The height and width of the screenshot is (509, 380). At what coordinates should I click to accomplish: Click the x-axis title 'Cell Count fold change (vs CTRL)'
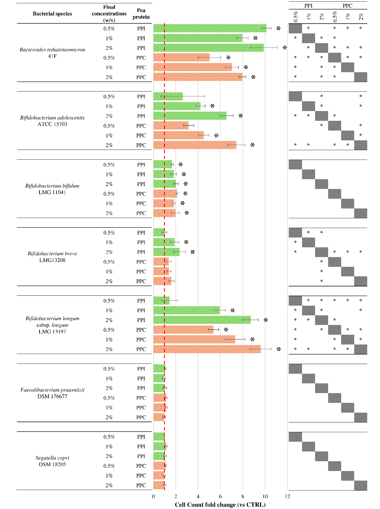click(x=220, y=504)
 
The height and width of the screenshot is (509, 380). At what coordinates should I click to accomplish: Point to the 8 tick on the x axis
click(x=243, y=497)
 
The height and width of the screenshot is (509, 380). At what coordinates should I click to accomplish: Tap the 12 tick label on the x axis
click(x=287, y=497)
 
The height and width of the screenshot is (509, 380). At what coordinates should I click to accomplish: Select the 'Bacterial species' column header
click(x=52, y=14)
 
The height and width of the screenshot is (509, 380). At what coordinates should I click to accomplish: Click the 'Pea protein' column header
click(x=141, y=14)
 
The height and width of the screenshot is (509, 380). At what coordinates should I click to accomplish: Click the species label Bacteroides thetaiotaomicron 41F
click(x=52, y=53)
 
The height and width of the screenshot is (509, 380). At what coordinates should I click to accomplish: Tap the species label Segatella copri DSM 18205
click(x=52, y=461)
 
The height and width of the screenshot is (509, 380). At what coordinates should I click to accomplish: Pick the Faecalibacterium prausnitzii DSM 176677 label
click(x=52, y=393)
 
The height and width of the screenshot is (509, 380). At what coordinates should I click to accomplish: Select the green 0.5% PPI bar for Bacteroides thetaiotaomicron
click(x=210, y=28)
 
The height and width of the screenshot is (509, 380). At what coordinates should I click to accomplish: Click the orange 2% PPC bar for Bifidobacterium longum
click(x=207, y=349)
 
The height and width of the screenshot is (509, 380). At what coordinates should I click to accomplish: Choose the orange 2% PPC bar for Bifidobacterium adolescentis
click(x=195, y=145)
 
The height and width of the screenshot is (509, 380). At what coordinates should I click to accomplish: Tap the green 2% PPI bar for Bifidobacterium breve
click(x=166, y=252)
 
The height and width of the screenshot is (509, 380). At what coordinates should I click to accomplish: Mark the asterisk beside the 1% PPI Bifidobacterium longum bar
click(x=233, y=310)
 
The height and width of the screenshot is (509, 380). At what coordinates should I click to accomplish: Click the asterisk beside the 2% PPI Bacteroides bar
click(x=285, y=48)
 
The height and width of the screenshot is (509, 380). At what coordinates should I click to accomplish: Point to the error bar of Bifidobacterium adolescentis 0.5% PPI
click(x=183, y=96)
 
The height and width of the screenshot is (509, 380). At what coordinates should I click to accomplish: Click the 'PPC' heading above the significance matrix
click(x=347, y=6)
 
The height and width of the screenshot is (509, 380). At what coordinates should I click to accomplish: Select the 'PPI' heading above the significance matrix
click(x=308, y=6)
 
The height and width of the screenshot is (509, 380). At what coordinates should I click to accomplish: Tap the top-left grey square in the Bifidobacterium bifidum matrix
click(x=295, y=165)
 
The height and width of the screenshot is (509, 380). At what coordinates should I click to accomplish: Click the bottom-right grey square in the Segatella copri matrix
click(x=360, y=485)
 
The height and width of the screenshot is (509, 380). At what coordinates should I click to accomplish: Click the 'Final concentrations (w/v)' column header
click(x=109, y=14)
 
